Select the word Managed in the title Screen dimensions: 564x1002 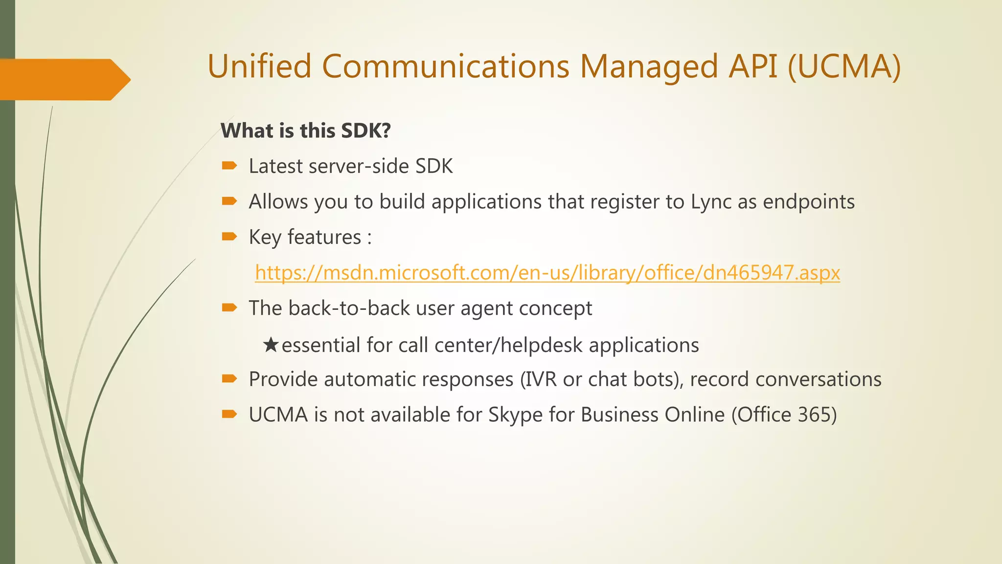point(649,67)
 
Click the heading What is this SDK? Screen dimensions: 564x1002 point(306,131)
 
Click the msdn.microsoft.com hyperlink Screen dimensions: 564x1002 point(547,273)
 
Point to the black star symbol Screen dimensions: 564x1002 point(271,345)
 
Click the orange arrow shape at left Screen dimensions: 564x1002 point(64,79)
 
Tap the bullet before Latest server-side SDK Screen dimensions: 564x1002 point(229,166)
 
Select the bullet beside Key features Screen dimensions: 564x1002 point(229,237)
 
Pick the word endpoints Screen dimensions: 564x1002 point(808,202)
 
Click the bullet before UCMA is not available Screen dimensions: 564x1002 point(229,415)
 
